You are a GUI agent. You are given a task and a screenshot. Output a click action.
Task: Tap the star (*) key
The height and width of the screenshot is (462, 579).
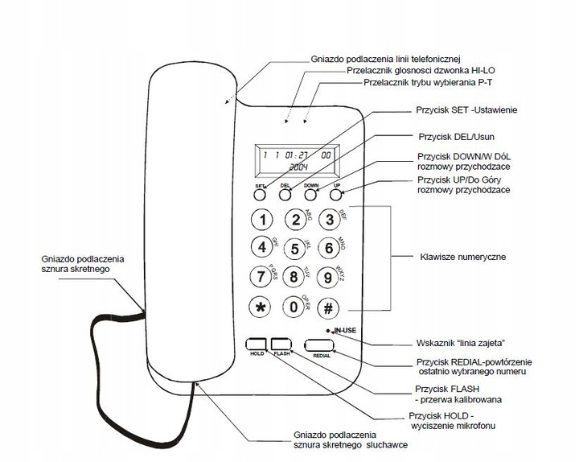click(x=260, y=308)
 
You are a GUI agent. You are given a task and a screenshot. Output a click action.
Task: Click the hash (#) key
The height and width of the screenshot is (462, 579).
click(x=328, y=308)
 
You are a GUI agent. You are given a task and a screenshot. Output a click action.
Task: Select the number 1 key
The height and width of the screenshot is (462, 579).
click(x=260, y=218)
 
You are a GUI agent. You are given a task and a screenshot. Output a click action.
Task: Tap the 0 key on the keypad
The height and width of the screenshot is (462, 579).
click(x=295, y=307)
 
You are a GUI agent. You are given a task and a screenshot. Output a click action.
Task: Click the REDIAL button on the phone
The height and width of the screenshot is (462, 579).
click(x=321, y=344)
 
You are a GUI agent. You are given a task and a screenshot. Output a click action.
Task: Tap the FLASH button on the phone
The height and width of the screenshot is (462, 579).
click(x=281, y=342)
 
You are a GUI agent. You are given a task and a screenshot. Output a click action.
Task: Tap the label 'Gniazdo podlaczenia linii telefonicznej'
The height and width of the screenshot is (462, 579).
click(x=384, y=59)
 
